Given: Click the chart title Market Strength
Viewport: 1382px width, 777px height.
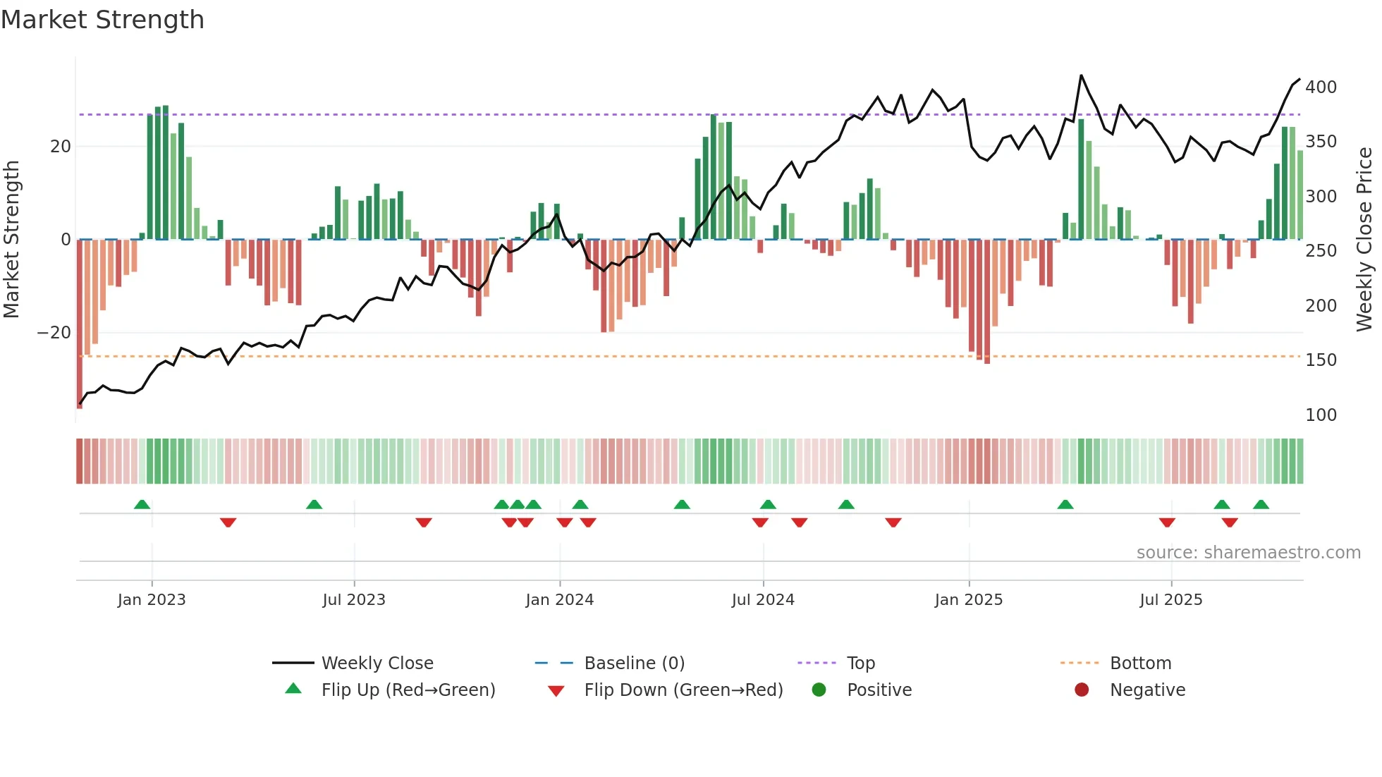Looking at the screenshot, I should (102, 20).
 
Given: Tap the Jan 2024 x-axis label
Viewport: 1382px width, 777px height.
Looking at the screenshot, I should (559, 600).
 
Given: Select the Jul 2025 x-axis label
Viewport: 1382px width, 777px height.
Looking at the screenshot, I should (1170, 600).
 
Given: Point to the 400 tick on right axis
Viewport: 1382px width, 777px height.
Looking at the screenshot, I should (1321, 87).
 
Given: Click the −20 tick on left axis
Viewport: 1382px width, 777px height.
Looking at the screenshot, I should (54, 333).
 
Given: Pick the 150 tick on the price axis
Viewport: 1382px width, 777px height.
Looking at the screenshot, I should (1321, 360).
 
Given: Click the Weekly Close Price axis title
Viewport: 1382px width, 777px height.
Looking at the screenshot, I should (1364, 240).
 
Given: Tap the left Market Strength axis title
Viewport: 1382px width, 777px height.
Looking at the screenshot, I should (11, 240).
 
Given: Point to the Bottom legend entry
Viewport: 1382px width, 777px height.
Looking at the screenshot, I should (1139, 663).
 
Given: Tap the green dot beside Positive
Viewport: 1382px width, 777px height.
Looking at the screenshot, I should (819, 690).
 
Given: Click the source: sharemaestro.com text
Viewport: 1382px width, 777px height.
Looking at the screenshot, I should (1248, 553).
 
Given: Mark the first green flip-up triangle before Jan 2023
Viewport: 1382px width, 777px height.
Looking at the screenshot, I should (142, 505).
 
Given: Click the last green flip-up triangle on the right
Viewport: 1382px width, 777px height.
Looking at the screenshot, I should (1261, 505).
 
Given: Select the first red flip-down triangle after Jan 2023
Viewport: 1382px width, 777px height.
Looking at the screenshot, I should (228, 522).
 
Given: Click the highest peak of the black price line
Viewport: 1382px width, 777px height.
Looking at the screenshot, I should (1081, 75).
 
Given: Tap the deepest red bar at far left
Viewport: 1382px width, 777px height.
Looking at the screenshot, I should (80, 324).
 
